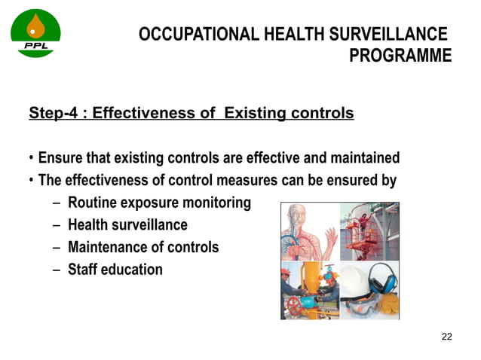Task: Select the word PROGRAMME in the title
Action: click(x=401, y=56)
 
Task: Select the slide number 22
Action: click(x=446, y=336)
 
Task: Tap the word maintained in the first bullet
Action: click(x=365, y=159)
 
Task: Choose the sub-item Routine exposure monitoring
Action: click(x=159, y=203)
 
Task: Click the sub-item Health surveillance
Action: click(x=127, y=225)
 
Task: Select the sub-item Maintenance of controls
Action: click(x=143, y=247)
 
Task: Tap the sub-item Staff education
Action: click(x=115, y=269)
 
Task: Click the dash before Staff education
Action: click(x=57, y=270)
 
